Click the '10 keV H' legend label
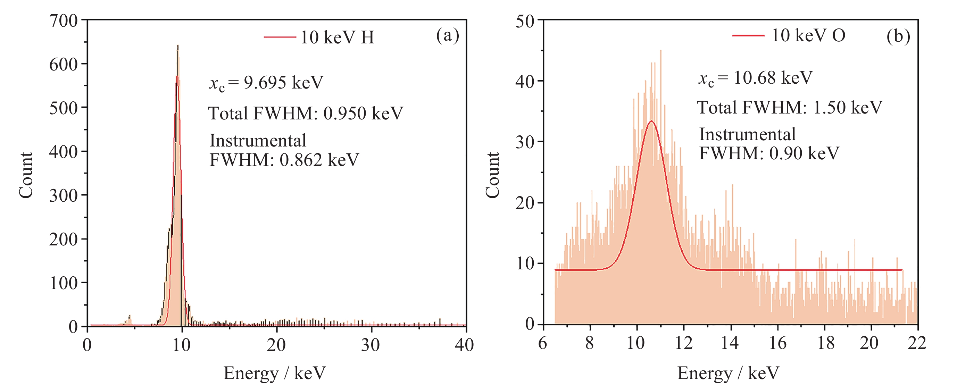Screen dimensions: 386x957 [x=337, y=37]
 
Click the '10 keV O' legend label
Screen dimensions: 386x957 [x=808, y=36]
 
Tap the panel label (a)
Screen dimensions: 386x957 [x=447, y=36]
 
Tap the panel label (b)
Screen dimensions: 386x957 [x=898, y=36]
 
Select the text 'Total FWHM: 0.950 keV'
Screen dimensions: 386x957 [x=305, y=113]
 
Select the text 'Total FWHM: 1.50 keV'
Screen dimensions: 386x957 [x=789, y=108]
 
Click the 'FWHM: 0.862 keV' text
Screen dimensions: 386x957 [x=284, y=160]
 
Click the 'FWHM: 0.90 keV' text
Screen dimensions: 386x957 [x=769, y=153]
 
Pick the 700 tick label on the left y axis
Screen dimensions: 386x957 [x=63, y=21]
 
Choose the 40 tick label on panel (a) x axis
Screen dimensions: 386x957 [x=464, y=345]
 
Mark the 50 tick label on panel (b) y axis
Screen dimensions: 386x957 [x=525, y=22]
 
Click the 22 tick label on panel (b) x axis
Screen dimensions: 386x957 [x=917, y=343]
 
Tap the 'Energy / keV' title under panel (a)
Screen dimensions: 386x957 [x=275, y=373]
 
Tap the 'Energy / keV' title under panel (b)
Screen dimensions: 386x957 [x=728, y=373]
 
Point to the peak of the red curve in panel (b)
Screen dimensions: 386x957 [x=651, y=121]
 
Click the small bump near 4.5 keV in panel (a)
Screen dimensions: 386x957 [x=129, y=318]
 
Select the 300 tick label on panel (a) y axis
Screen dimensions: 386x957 [x=63, y=196]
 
